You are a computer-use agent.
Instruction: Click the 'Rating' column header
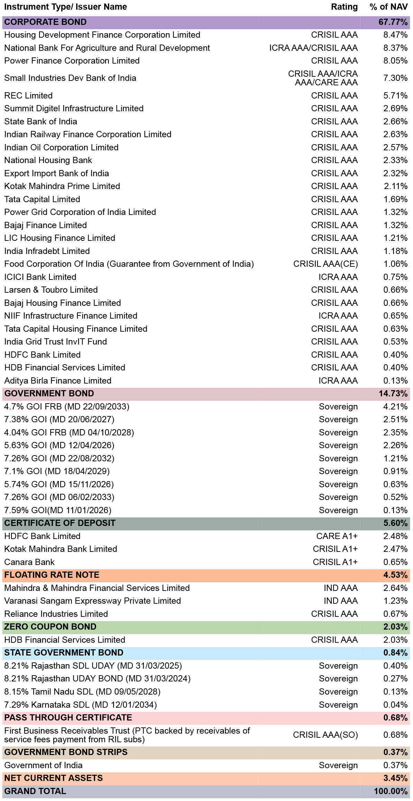(x=344, y=7)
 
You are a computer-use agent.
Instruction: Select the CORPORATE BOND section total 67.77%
(x=393, y=22)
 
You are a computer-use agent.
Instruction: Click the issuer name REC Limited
(x=28, y=95)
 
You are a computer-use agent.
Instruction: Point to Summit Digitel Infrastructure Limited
(x=74, y=109)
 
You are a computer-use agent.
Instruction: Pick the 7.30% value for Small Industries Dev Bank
(x=395, y=78)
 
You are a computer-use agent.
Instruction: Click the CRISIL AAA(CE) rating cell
(x=325, y=264)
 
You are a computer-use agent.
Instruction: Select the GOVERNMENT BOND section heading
(x=49, y=394)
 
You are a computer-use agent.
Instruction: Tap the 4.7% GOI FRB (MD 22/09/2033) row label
(x=67, y=407)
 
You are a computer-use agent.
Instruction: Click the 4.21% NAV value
(x=395, y=407)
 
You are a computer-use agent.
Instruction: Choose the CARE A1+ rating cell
(x=337, y=536)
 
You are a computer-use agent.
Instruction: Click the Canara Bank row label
(x=29, y=562)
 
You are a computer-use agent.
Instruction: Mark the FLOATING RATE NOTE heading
(x=52, y=575)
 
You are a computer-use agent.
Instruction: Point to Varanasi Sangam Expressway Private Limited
(x=92, y=601)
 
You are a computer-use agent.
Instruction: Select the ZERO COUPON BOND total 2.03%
(x=395, y=627)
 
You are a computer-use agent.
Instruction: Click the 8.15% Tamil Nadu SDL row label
(x=82, y=692)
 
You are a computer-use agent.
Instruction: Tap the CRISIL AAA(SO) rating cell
(x=325, y=735)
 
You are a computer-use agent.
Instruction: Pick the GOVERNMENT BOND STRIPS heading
(x=66, y=752)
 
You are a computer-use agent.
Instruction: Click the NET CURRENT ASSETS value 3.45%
(x=395, y=778)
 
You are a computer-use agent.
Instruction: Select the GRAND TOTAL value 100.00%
(x=391, y=791)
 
